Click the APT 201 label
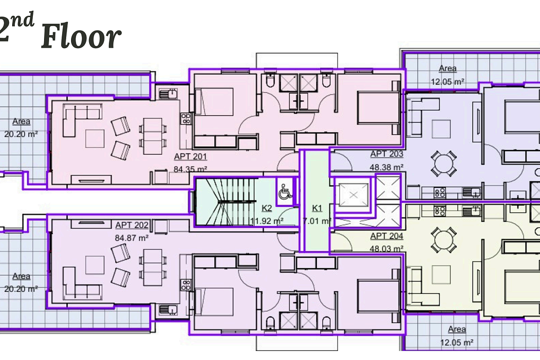click(190, 157)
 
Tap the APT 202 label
click(131, 225)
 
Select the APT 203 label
click(387, 154)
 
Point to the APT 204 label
click(387, 236)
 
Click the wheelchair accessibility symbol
click(285, 192)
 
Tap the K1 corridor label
click(317, 208)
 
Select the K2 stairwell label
click(267, 208)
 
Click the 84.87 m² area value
click(131, 238)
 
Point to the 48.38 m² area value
click(387, 167)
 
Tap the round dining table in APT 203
click(444, 163)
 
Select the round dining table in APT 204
click(444, 240)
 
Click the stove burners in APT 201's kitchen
click(186, 118)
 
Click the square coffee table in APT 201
click(95, 139)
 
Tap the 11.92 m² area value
click(266, 221)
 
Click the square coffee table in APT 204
click(441, 274)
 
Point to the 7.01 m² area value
click(317, 221)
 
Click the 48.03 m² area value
click(387, 248)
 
